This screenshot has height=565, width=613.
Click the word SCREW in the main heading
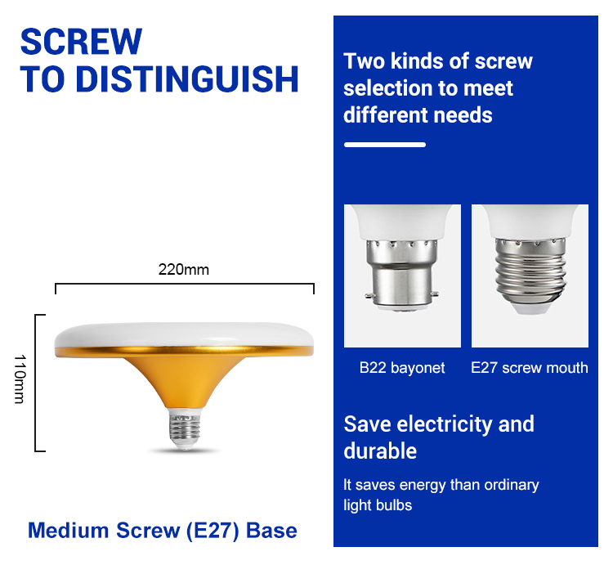(81, 42)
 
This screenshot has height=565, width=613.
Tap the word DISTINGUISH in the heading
(187, 79)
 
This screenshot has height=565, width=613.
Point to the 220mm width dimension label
(184, 269)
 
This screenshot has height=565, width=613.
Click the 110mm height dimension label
(20, 379)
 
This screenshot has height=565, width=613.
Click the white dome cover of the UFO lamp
(184, 334)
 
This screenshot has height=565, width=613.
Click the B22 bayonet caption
(402, 368)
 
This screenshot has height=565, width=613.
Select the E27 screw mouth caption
(530, 368)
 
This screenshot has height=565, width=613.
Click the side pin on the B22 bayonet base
(369, 296)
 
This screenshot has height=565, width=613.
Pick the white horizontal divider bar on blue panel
(385, 145)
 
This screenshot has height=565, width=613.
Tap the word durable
(380, 451)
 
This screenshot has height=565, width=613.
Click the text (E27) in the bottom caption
(213, 531)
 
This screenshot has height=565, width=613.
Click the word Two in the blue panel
(365, 61)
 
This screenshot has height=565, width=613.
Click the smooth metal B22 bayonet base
(402, 275)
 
